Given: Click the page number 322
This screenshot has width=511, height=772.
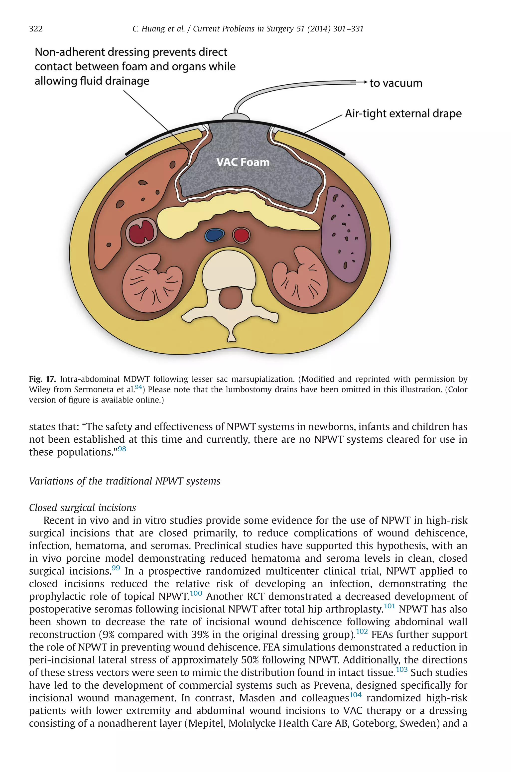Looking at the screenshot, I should click(x=36, y=29).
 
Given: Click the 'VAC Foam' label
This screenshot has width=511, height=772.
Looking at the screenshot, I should click(x=243, y=162).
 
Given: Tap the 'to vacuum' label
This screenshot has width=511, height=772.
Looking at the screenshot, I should click(x=396, y=83).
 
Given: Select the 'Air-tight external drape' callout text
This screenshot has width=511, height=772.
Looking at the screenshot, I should click(x=403, y=114).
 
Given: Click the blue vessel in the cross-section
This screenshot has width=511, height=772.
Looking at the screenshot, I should click(x=214, y=235).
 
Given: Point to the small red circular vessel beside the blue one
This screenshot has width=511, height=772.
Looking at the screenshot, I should click(x=241, y=235).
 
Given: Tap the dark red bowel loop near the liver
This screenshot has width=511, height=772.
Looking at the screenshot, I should click(x=141, y=232).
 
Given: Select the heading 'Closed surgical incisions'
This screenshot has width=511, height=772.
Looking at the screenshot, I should click(x=82, y=507).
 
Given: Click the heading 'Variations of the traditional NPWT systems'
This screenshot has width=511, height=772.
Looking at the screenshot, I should click(x=125, y=481).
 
